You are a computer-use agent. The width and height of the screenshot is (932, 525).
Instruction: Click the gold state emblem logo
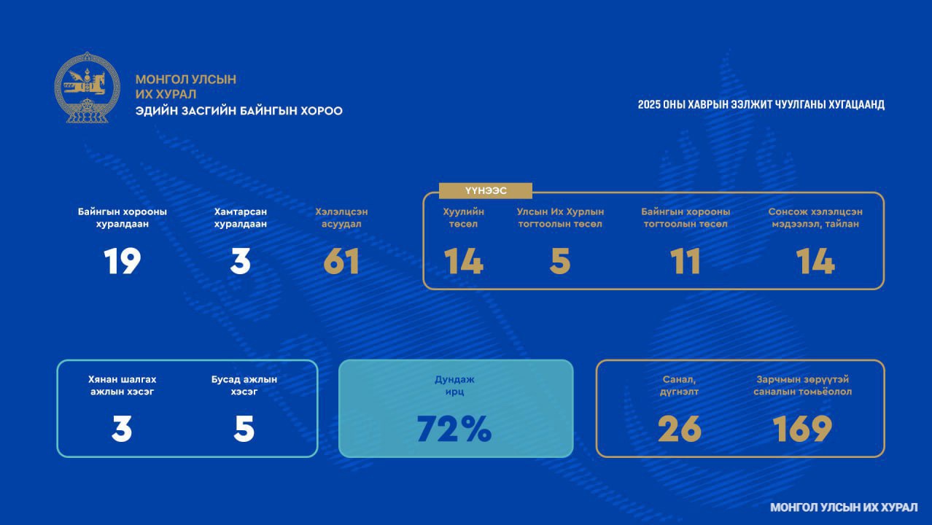(87, 87)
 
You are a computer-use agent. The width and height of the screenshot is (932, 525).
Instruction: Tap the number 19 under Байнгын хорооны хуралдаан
(122, 261)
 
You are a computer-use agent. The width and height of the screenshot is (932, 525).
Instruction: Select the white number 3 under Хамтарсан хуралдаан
(241, 261)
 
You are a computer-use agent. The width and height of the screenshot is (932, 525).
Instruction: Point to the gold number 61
(341, 261)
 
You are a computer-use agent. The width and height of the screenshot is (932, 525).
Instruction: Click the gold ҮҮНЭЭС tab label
(486, 190)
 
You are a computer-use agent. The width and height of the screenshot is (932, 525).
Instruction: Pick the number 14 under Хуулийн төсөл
(464, 261)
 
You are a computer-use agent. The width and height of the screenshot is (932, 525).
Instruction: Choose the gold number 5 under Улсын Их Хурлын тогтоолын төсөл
(560, 261)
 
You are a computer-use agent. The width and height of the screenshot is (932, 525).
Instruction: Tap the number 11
(686, 261)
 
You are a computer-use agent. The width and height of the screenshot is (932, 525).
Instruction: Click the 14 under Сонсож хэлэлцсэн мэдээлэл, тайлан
(815, 261)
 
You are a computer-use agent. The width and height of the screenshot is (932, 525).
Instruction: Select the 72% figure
(454, 429)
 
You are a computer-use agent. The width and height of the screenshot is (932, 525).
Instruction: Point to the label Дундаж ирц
(454, 385)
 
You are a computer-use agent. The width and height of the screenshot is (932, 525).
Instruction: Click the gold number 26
(680, 429)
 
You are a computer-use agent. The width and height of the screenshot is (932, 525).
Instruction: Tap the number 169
(802, 429)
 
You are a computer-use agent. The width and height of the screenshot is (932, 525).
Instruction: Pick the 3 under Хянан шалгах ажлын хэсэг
(122, 429)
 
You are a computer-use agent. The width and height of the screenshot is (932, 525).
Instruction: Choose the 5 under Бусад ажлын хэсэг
(244, 429)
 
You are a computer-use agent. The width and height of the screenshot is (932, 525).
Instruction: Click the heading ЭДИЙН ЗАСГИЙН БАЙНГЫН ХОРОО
(238, 111)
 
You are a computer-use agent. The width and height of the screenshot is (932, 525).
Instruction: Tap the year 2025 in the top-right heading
(649, 104)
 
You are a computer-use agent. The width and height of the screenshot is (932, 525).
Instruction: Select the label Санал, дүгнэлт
(679, 385)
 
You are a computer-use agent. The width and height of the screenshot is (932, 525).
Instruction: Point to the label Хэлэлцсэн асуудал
(341, 217)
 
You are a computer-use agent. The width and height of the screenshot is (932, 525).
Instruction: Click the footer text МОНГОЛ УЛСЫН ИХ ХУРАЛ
(844, 507)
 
